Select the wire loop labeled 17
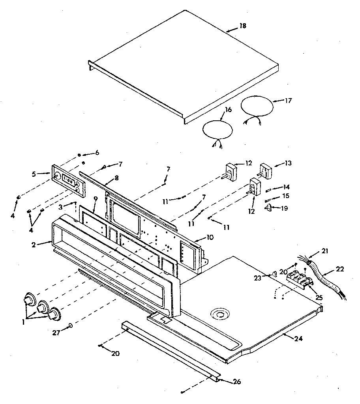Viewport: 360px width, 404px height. pyautogui.click(x=257, y=106)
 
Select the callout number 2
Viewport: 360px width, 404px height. pyautogui.click(x=34, y=245)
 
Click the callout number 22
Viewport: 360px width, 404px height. pyautogui.click(x=340, y=269)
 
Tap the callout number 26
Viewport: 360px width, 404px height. pyautogui.click(x=236, y=382)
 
